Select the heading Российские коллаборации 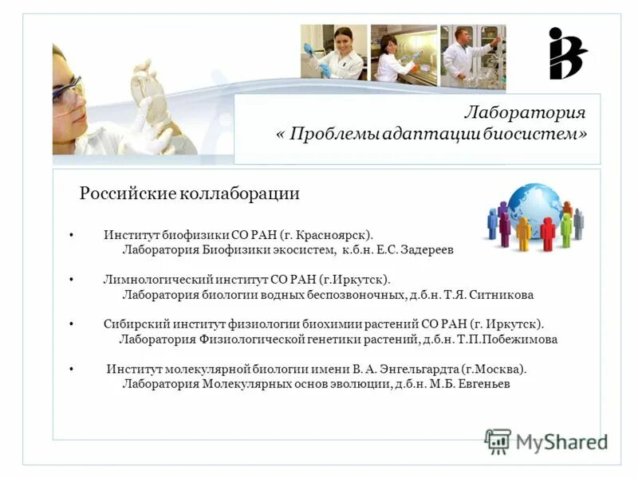coord(190,193)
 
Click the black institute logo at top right coord(566,53)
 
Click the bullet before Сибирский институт coord(72,324)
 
